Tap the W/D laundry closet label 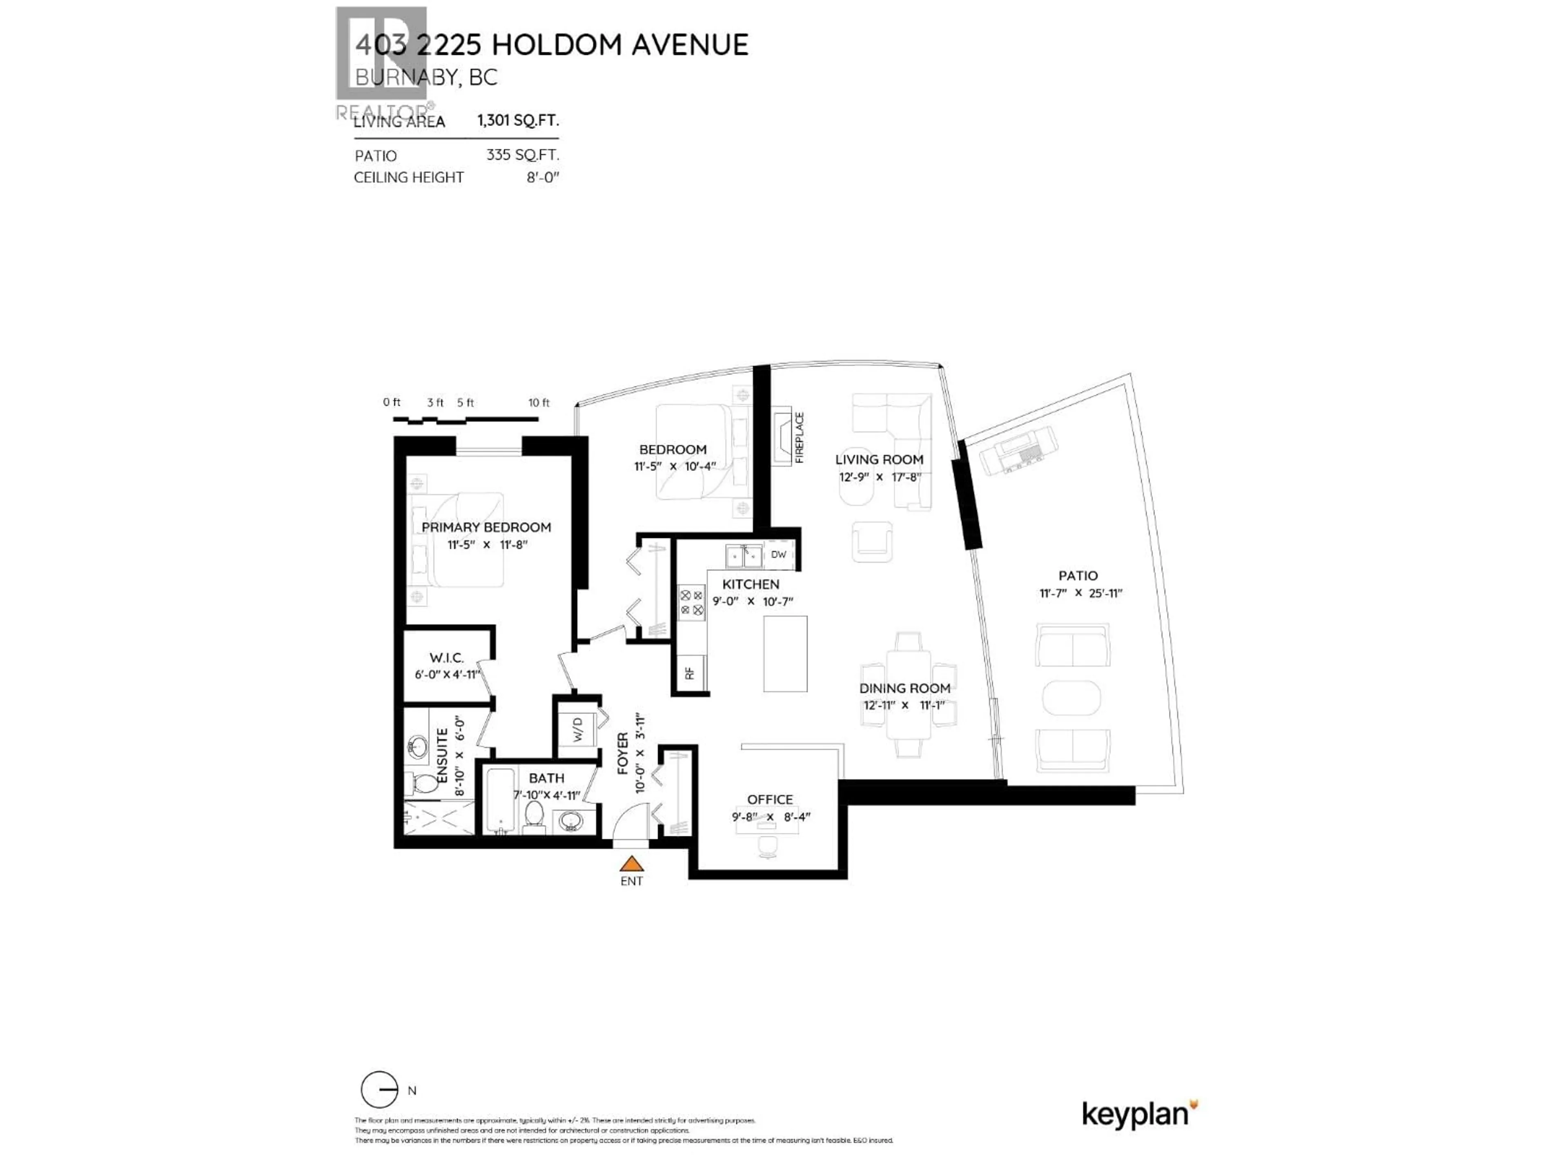click(x=578, y=729)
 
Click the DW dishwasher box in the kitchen click(x=778, y=555)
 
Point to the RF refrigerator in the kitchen click(x=690, y=673)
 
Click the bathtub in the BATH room click(x=502, y=801)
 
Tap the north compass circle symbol click(x=379, y=1089)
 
